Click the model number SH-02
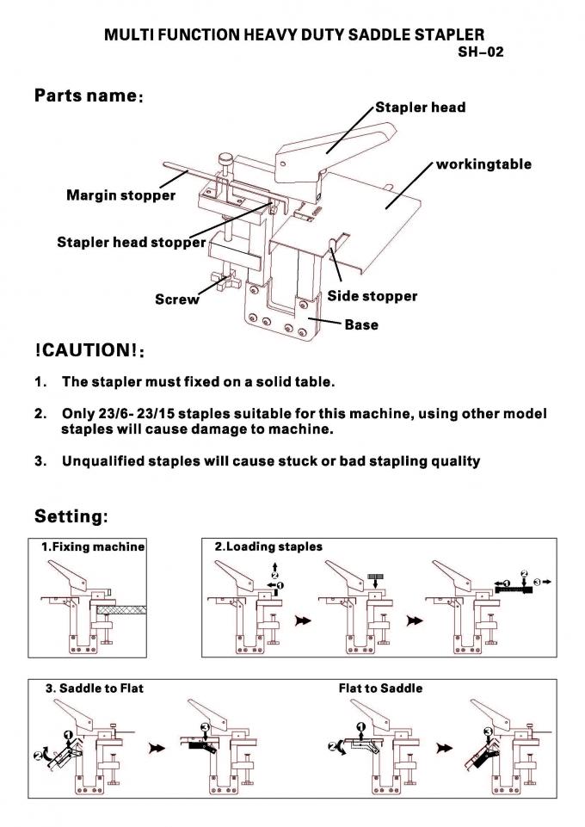[480, 52]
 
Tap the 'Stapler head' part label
[420, 108]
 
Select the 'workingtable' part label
[483, 164]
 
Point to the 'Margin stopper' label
[120, 195]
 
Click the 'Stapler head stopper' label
[131, 242]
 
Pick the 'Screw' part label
[176, 299]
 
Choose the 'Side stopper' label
[372, 296]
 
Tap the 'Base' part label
[360, 325]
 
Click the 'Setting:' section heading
[71, 516]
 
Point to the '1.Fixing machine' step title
[93, 546]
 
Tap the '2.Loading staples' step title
[268, 546]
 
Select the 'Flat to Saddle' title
[380, 688]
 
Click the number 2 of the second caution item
[40, 414]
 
